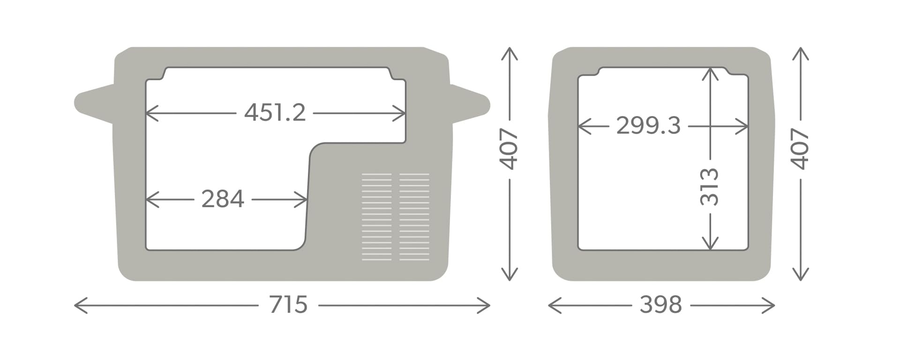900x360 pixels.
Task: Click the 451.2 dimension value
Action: (275, 113)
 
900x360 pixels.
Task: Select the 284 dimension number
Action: (223, 199)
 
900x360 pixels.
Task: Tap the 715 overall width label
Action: (288, 305)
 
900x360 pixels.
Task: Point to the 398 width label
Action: (660, 305)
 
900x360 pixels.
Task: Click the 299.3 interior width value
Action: (648, 126)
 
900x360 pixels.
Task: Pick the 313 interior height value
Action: (709, 187)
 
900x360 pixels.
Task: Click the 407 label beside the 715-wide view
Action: (509, 149)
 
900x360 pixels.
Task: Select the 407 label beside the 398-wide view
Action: (800, 149)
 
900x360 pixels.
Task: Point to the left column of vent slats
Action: (376, 217)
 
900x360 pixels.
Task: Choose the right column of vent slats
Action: (414, 217)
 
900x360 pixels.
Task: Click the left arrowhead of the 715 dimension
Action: (81, 306)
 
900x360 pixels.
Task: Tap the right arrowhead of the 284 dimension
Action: (301, 200)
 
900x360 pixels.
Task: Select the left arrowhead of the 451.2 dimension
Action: (152, 113)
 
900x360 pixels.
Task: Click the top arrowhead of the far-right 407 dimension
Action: (801, 54)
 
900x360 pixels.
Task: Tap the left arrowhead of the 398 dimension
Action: (555, 306)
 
